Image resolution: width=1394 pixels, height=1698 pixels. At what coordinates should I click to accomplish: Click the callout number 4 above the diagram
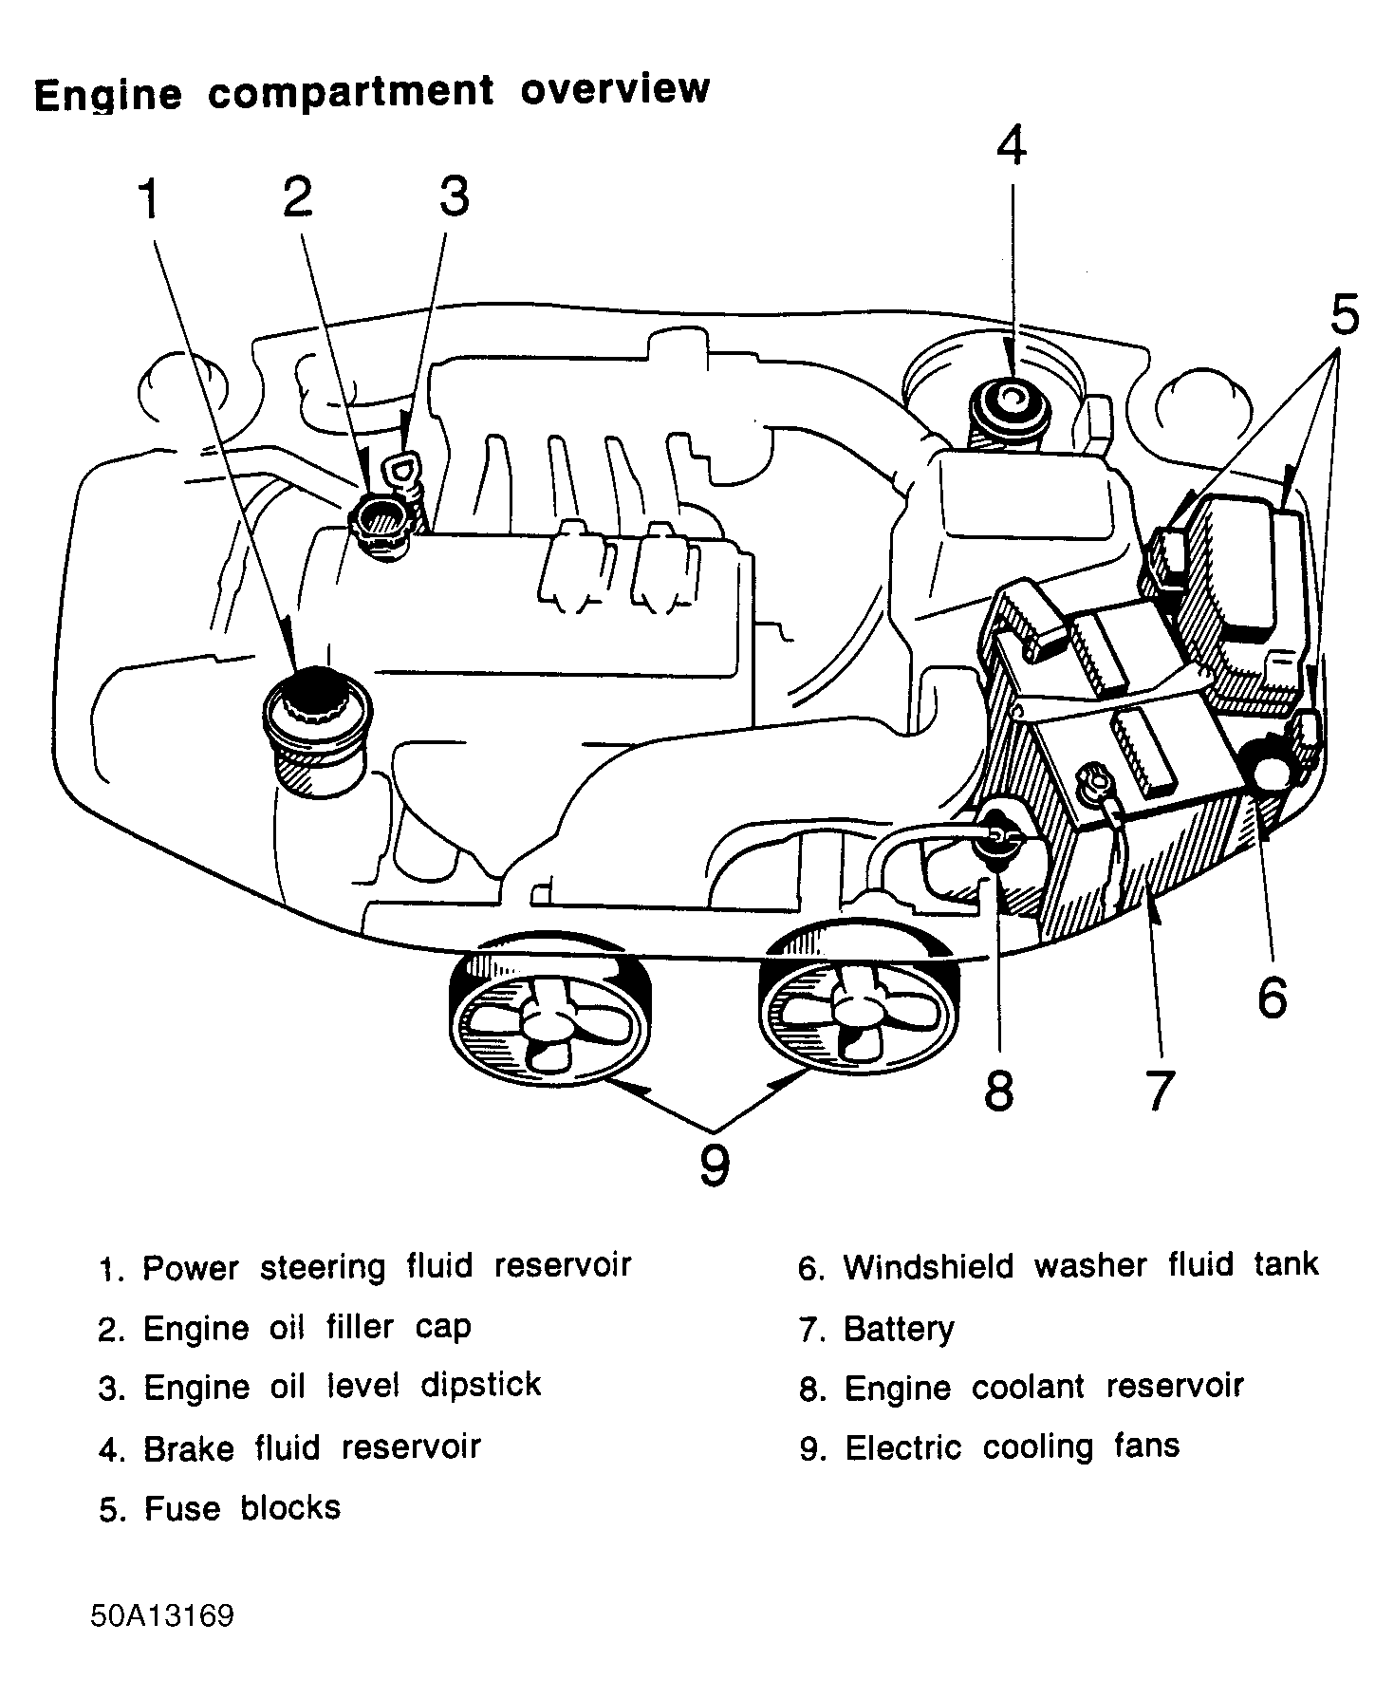(x=1012, y=147)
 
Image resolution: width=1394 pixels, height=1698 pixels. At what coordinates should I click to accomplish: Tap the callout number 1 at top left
(x=149, y=200)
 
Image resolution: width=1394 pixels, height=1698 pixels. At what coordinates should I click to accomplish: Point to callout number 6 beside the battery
(x=1272, y=997)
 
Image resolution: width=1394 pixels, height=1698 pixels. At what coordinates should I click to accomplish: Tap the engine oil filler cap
(x=381, y=521)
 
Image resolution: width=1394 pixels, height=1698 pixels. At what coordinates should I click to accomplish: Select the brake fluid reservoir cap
(x=1009, y=403)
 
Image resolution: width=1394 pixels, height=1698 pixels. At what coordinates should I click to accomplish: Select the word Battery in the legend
(x=899, y=1329)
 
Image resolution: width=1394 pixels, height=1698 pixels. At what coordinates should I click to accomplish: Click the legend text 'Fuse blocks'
(x=242, y=1508)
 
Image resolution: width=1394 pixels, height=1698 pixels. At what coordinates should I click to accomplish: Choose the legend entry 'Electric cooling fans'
(x=1012, y=1447)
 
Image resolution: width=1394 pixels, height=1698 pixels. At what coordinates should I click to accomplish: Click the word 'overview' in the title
(x=615, y=89)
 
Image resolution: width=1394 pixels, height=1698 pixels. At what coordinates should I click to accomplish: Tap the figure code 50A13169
(x=162, y=1616)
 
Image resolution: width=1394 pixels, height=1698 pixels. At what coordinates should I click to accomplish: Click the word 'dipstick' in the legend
(x=480, y=1386)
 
